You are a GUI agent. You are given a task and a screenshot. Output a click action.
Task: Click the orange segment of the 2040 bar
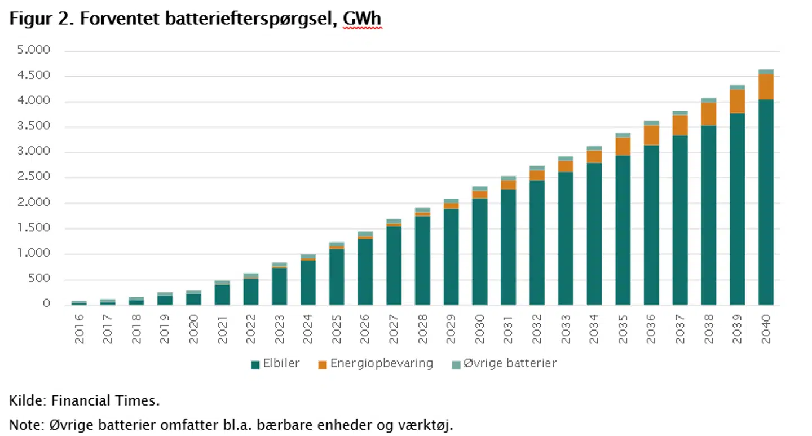click(766, 86)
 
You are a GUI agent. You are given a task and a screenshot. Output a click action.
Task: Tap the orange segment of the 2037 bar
click(679, 125)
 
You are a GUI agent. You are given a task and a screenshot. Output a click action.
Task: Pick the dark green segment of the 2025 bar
click(337, 276)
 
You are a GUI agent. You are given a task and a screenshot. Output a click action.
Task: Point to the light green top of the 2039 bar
click(737, 87)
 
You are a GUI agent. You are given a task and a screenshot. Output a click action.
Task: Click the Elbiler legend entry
click(276, 364)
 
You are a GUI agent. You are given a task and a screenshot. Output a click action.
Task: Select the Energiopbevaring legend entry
click(376, 364)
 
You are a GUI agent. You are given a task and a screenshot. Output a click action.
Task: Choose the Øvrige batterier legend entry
click(504, 364)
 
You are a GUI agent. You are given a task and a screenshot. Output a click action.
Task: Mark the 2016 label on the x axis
click(80, 329)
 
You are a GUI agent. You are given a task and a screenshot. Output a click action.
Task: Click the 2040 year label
click(766, 329)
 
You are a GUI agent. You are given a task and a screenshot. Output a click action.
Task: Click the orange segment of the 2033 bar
click(566, 166)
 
